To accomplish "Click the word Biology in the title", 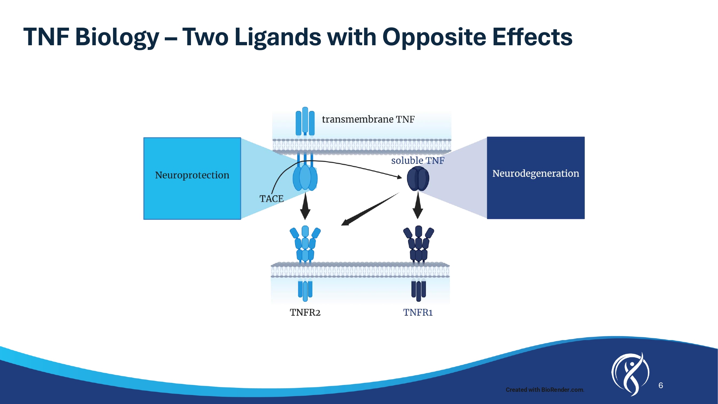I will [x=117, y=37].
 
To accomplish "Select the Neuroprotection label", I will [x=192, y=175].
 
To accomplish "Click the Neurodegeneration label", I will [x=536, y=173].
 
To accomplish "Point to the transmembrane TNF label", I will [x=368, y=119].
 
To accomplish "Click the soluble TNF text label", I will [x=418, y=161].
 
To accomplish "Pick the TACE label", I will [x=271, y=199].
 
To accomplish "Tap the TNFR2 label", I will [x=305, y=312].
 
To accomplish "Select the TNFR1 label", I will [x=418, y=312].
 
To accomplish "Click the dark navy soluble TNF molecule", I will [x=418, y=179].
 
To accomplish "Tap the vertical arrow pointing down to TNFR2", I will [x=305, y=206].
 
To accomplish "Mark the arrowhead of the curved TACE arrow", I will [x=399, y=177].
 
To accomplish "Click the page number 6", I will [x=661, y=385].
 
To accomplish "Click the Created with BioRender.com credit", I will [x=545, y=390].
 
